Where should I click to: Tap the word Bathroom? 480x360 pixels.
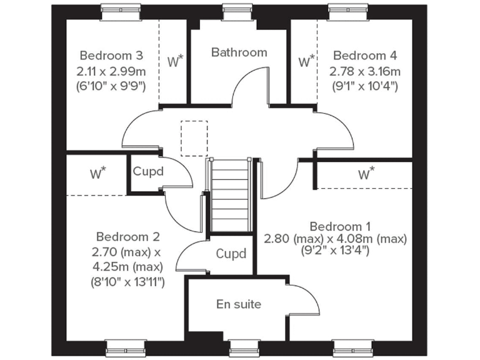tap(239, 52)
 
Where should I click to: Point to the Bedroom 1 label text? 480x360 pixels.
tap(335, 226)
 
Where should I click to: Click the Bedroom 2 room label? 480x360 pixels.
tap(127, 237)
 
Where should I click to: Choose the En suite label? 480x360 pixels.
tap(238, 304)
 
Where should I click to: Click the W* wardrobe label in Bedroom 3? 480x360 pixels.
tap(175, 61)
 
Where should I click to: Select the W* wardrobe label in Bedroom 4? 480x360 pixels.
tap(306, 61)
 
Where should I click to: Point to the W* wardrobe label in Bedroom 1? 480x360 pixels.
tap(366, 174)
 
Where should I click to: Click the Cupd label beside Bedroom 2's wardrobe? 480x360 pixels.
tap(149, 171)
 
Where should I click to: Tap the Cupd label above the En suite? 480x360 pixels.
tap(231, 254)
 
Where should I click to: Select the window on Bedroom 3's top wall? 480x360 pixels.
tap(119, 7)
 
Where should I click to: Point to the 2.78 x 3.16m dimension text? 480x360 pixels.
tap(366, 70)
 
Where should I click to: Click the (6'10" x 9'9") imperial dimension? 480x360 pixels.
tap(112, 85)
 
